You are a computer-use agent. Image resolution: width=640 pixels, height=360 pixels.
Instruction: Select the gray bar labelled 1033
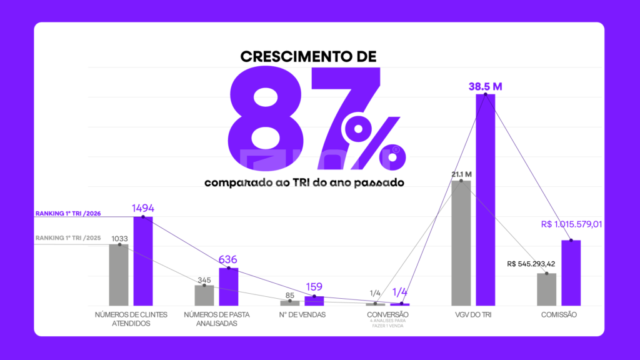pos(119,275)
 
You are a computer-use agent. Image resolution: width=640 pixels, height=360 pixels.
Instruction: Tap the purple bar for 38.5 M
pos(485,200)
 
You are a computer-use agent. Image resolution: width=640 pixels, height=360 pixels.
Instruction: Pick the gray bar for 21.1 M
pos(461,243)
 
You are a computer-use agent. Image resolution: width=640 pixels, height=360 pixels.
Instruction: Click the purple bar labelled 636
pos(228,287)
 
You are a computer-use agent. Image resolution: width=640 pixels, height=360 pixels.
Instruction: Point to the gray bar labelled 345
pos(204,296)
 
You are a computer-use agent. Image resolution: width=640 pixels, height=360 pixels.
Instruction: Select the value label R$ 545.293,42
pos(531,264)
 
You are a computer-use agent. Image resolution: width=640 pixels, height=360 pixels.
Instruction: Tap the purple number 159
pos(314,287)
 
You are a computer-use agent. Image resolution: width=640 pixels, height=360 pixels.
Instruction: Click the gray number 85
pos(290,296)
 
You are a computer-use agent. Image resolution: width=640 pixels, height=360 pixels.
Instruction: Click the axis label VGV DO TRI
pos(473,315)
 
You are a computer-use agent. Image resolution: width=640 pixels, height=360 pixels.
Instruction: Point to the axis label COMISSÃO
pos(559,315)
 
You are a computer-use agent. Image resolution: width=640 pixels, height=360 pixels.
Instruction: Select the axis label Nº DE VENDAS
pos(302,315)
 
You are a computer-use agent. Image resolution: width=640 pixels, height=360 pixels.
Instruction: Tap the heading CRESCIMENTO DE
pos(309,57)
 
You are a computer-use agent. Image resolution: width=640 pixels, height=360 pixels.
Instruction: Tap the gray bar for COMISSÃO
pos(547,289)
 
